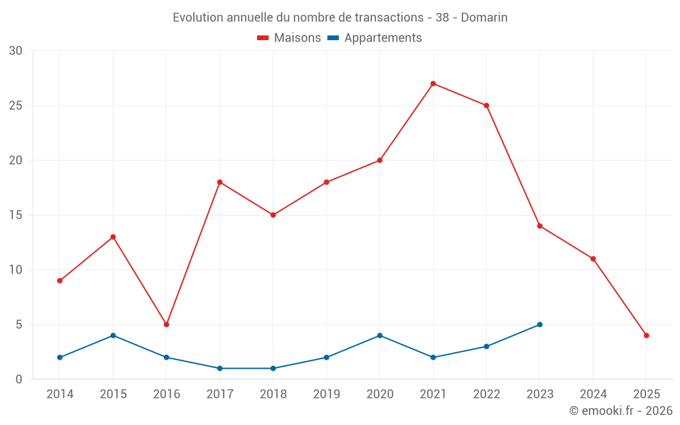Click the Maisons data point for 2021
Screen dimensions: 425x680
tap(433, 84)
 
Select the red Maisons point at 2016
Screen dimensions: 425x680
tap(167, 324)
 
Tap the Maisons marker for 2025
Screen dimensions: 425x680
tap(646, 335)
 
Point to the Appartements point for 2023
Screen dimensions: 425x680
tap(539, 324)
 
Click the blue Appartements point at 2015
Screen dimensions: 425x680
tap(113, 335)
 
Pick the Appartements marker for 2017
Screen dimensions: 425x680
tap(220, 368)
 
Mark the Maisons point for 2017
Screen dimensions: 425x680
tap(220, 182)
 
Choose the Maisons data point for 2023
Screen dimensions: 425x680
tap(539, 226)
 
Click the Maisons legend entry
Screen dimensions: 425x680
tap(289, 38)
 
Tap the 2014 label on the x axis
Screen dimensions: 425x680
tap(60, 394)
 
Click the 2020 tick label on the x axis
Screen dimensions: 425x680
tap(379, 394)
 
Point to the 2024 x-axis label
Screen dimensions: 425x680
tap(593, 394)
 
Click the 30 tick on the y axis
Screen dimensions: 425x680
tap(16, 51)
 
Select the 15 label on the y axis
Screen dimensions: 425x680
tap(16, 215)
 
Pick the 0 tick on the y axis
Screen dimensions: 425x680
tap(19, 379)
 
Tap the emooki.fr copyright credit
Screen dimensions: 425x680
tap(621, 411)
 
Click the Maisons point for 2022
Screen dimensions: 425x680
tap(486, 105)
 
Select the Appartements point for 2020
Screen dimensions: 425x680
tap(379, 335)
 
